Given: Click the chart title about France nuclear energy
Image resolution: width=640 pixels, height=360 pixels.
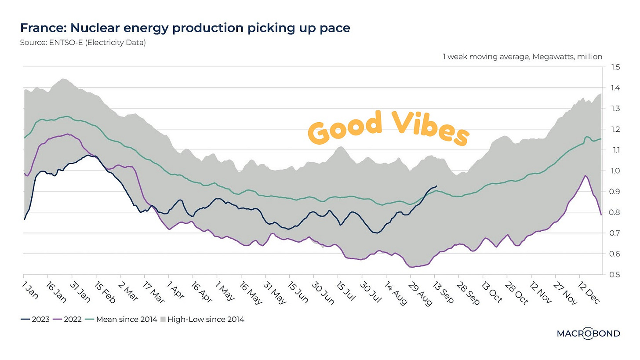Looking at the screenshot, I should click(185, 28).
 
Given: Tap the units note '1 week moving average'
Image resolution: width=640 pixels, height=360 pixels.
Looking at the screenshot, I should click(522, 57).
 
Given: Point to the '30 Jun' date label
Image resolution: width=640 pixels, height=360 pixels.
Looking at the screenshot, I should click(320, 291).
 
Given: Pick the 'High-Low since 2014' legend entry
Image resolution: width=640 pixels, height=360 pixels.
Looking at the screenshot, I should click(206, 320).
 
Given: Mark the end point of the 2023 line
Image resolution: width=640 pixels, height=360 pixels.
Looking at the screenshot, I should click(436, 186).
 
